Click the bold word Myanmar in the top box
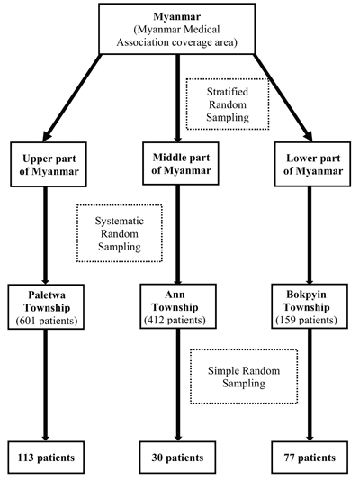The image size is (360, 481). pyautogui.click(x=176, y=16)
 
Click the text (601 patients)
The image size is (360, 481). pyautogui.click(x=47, y=321)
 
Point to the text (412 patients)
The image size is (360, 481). pyautogui.click(x=175, y=320)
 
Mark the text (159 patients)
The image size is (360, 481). pyautogui.click(x=306, y=320)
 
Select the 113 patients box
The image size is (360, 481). pyautogui.click(x=46, y=457)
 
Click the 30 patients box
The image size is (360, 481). pyautogui.click(x=177, y=457)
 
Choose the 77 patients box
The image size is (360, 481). pyautogui.click(x=310, y=457)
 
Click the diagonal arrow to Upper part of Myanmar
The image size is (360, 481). pyautogui.click(x=72, y=97)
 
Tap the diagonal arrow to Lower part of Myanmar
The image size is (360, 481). pyautogui.click(x=283, y=97)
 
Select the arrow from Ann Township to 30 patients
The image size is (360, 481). pyautogui.click(x=177, y=385)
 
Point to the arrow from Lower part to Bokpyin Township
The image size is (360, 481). pyautogui.click(x=310, y=235)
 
